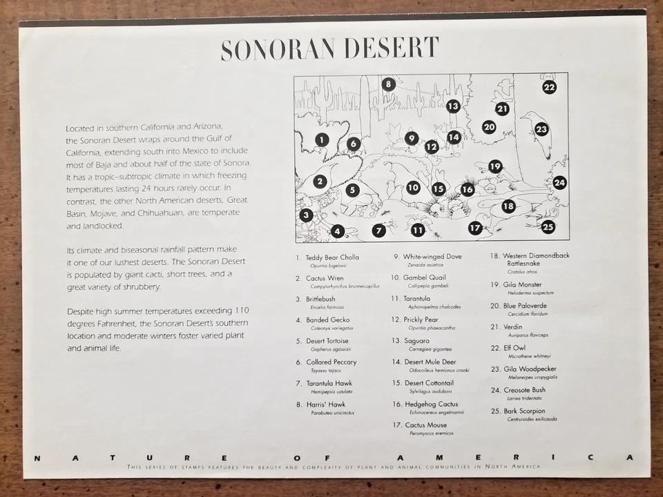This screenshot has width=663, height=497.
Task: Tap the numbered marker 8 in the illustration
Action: click(388, 84)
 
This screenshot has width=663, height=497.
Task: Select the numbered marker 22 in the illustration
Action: click(549, 87)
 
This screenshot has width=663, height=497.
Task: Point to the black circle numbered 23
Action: click(541, 129)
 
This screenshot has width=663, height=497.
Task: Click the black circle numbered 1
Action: click(321, 139)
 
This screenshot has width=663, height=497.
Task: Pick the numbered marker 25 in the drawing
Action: click(548, 226)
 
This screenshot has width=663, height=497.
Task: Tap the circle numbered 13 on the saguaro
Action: click(453, 106)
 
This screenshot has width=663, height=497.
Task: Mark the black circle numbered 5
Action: click(352, 191)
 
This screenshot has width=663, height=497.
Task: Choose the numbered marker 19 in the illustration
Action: click(495, 166)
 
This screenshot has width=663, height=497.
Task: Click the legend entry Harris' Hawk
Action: click(326, 405)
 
